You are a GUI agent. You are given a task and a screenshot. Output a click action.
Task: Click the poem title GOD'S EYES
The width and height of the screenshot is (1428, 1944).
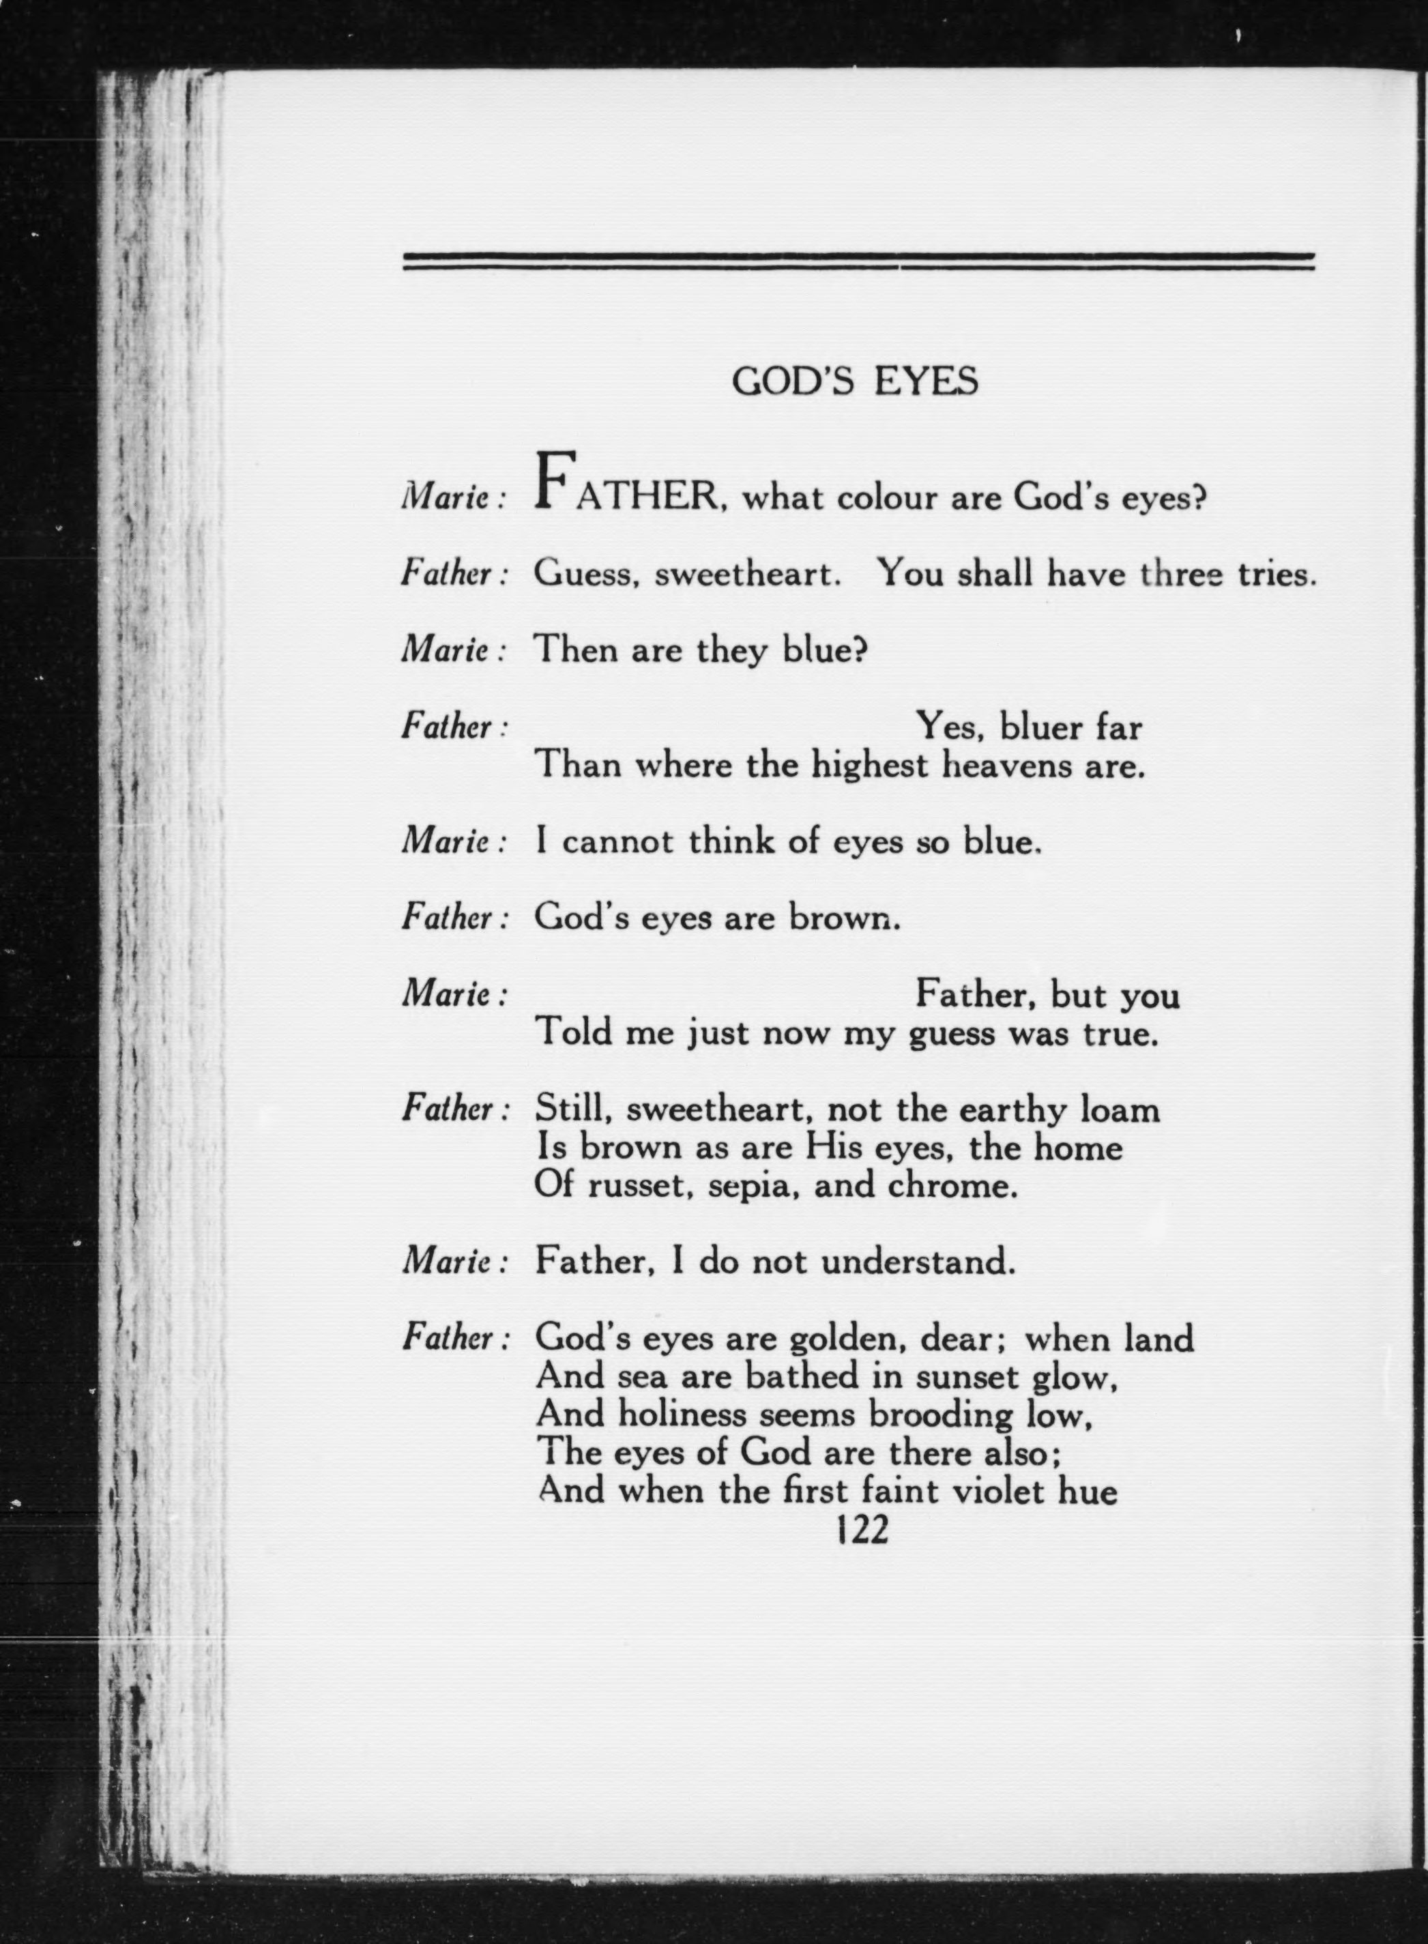855,381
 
